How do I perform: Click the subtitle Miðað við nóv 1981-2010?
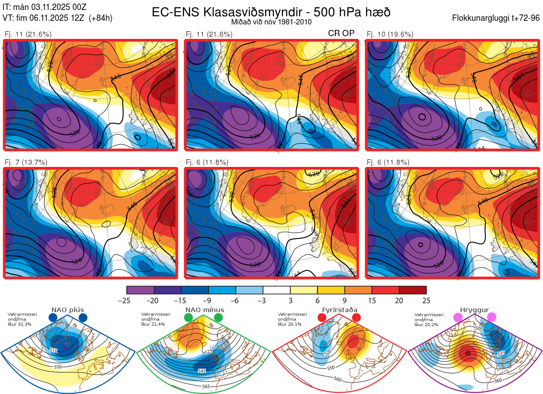(271, 22)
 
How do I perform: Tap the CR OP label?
(341, 33)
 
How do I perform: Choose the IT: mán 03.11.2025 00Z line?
(44, 7)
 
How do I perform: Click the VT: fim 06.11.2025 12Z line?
(57, 18)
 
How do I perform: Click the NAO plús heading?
(67, 310)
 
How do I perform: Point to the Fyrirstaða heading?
(339, 310)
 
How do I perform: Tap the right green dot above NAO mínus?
(219, 318)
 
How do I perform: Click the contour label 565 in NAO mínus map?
(206, 386)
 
